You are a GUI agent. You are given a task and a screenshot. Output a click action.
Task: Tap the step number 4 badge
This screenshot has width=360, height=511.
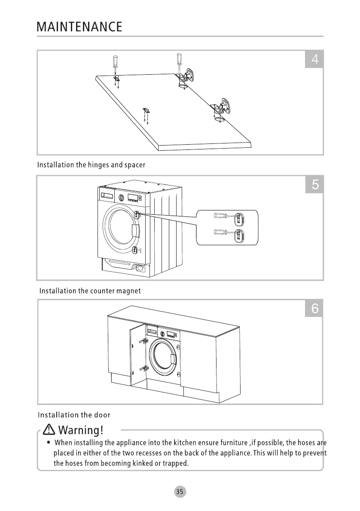tap(314, 59)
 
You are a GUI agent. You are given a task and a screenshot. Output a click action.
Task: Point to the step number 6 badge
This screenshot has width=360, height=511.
tap(314, 308)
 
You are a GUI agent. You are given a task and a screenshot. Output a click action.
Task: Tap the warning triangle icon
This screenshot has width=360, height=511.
tap(49, 429)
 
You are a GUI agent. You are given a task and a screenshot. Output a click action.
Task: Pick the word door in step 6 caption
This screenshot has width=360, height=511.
tap(102, 415)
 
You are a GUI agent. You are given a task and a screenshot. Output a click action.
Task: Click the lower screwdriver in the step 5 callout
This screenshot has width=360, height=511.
tap(222, 233)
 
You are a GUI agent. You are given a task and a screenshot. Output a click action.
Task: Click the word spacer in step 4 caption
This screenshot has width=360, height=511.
tap(135, 165)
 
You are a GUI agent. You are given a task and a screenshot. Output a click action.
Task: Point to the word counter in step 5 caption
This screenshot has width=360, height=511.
tap(103, 291)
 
